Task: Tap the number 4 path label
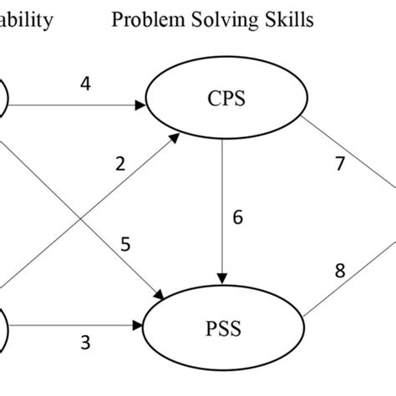pyautogui.click(x=84, y=85)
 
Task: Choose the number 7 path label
pyautogui.click(x=339, y=163)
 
